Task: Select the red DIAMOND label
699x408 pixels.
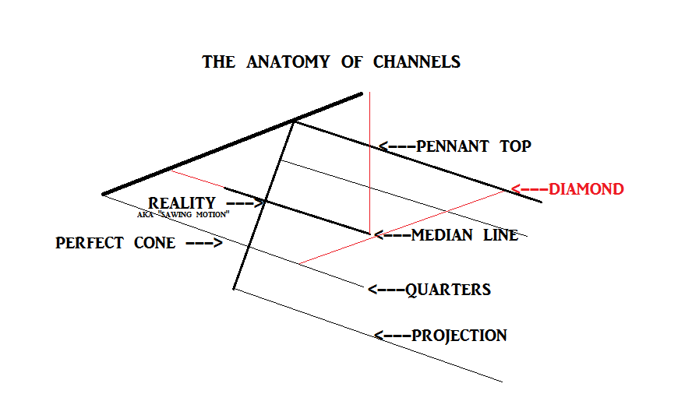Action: pyautogui.click(x=586, y=189)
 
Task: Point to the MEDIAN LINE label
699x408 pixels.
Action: pyautogui.click(x=464, y=235)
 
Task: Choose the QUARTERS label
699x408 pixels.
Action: pyautogui.click(x=448, y=290)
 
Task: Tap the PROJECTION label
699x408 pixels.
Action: pyautogui.click(x=459, y=336)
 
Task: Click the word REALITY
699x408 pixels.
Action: pyautogui.click(x=182, y=204)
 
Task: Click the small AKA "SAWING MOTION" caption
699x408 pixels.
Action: pyautogui.click(x=183, y=214)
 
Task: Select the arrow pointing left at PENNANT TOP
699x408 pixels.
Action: pyautogui.click(x=397, y=146)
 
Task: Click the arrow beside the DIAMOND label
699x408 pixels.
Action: pyautogui.click(x=529, y=189)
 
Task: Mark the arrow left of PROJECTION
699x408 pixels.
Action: pyautogui.click(x=392, y=336)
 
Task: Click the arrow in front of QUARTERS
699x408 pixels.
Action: pyautogui.click(x=386, y=290)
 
